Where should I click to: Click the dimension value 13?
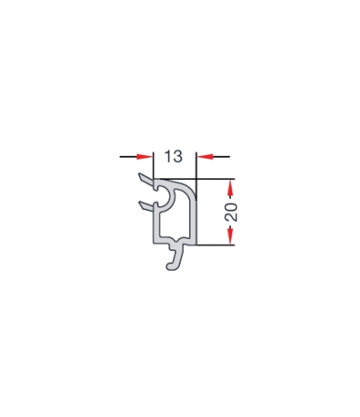coord(173,155)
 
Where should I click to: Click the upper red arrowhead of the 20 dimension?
coord(231,187)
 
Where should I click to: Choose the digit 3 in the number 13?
coord(178,155)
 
